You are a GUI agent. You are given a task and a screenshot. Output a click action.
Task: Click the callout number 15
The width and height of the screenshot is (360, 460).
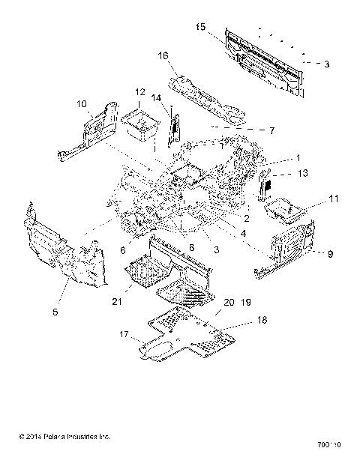coord(200,27)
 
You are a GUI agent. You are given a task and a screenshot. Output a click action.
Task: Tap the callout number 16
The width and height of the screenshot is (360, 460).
coord(163,55)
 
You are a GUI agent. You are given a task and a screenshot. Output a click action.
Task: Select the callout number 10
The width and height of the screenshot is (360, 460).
coord(82,103)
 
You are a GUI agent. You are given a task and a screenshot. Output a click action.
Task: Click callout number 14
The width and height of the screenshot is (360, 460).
coord(156,97)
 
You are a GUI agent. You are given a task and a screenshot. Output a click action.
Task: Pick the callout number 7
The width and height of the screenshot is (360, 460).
coord(271,130)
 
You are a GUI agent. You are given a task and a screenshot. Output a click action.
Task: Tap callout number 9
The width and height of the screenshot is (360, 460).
coord(329,254)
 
